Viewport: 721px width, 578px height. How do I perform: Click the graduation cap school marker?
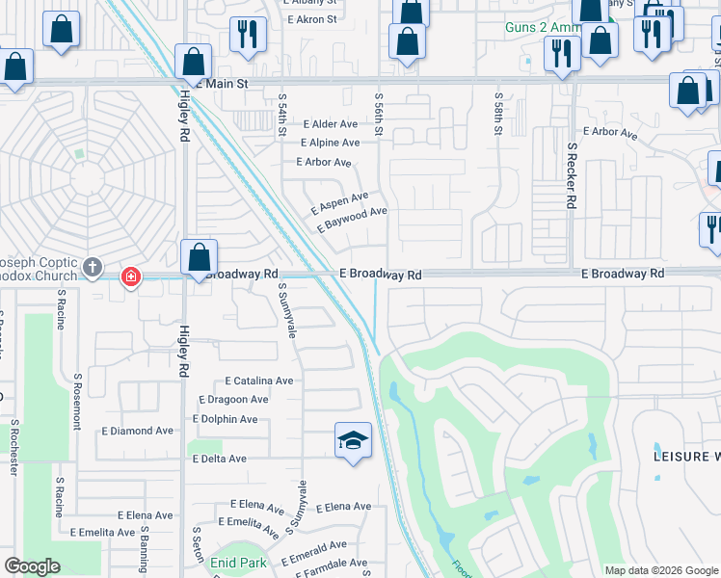[353, 441]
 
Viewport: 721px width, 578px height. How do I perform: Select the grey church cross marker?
[93, 267]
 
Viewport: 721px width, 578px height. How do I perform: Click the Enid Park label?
[239, 562]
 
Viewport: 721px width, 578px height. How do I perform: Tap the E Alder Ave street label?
[331, 124]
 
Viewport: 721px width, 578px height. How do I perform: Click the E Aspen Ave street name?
[340, 203]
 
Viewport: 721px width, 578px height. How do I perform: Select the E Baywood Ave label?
[352, 220]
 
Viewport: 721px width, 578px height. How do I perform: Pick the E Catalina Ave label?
[258, 381]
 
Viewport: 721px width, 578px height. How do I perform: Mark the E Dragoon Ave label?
[233, 400]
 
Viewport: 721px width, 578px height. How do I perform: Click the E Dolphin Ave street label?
[226, 419]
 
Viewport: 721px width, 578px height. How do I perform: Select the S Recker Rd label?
[572, 176]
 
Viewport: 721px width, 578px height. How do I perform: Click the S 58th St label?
[499, 113]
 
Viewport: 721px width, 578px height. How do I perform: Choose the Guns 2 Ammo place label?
[544, 27]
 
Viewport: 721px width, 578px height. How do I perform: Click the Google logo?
[32, 566]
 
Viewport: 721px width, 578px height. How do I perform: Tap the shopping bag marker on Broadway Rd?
[199, 258]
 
